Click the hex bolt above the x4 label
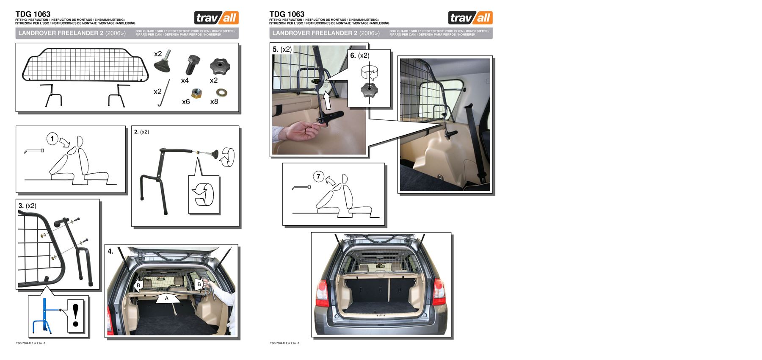click(x=191, y=65)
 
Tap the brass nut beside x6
click(x=196, y=93)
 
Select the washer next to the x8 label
click(x=221, y=92)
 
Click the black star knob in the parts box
click(x=219, y=66)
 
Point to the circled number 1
click(x=52, y=138)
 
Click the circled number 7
click(x=319, y=176)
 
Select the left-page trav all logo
click(x=216, y=18)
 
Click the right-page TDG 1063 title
click(x=287, y=14)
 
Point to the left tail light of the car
click(x=322, y=293)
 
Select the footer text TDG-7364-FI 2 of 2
click(x=284, y=343)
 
